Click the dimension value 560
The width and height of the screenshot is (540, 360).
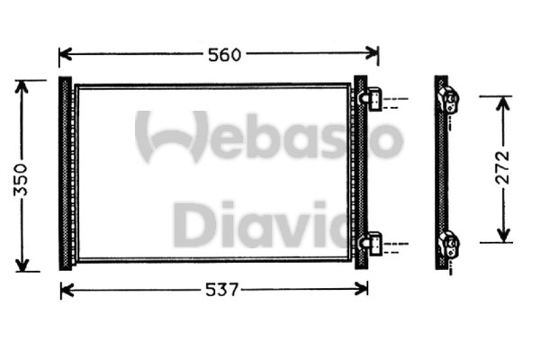click(x=223, y=55)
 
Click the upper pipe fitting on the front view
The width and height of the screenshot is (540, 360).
click(x=373, y=98)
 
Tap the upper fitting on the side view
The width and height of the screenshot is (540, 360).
click(x=448, y=98)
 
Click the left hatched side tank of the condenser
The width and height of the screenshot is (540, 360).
click(x=65, y=173)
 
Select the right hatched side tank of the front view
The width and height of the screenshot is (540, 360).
click(x=360, y=173)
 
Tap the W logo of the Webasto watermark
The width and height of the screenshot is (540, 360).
click(x=171, y=137)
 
